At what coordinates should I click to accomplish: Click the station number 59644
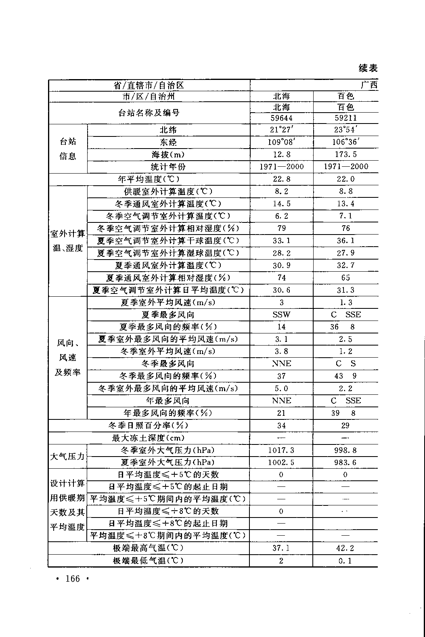[x=281, y=118]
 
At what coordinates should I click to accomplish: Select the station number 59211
[x=345, y=118]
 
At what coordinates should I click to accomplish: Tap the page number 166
[x=73, y=579]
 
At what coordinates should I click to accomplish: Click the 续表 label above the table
[x=368, y=68]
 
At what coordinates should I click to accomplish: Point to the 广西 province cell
[x=369, y=85]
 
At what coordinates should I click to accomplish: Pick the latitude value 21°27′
[x=281, y=130]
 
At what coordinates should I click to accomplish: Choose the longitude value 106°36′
[x=345, y=142]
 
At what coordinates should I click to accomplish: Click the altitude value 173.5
[x=345, y=154]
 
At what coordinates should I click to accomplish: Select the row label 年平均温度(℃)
[x=149, y=179]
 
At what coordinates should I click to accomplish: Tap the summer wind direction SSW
[x=281, y=314]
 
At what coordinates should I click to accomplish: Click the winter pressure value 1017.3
[x=281, y=450]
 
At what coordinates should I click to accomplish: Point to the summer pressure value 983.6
[x=345, y=462]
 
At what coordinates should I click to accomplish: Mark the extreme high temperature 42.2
[x=345, y=548]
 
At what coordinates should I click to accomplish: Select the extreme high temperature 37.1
[x=281, y=548]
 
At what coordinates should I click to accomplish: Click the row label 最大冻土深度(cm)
[x=149, y=438]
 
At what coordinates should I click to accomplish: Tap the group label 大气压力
[x=67, y=456]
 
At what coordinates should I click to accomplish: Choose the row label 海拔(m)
[x=168, y=154]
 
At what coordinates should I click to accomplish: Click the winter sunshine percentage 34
[x=281, y=425]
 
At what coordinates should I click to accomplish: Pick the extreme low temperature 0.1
[x=345, y=561]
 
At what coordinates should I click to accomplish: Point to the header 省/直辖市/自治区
[x=149, y=85]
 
